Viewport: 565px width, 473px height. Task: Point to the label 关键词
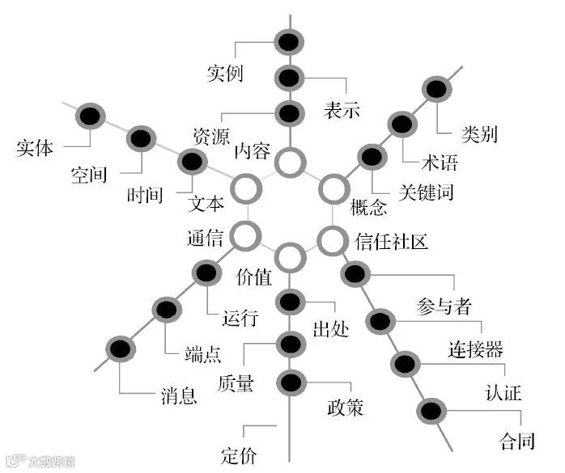[x=426, y=192]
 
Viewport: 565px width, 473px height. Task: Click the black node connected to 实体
[x=90, y=116]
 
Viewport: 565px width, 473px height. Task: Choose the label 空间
[x=89, y=175]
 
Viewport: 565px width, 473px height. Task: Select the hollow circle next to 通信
[x=244, y=236]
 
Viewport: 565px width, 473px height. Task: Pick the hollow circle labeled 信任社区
[x=330, y=240]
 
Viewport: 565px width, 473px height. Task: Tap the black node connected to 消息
[x=120, y=349]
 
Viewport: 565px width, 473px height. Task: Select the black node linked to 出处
[x=290, y=303]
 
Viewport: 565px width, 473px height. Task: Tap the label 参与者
[x=444, y=307]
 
